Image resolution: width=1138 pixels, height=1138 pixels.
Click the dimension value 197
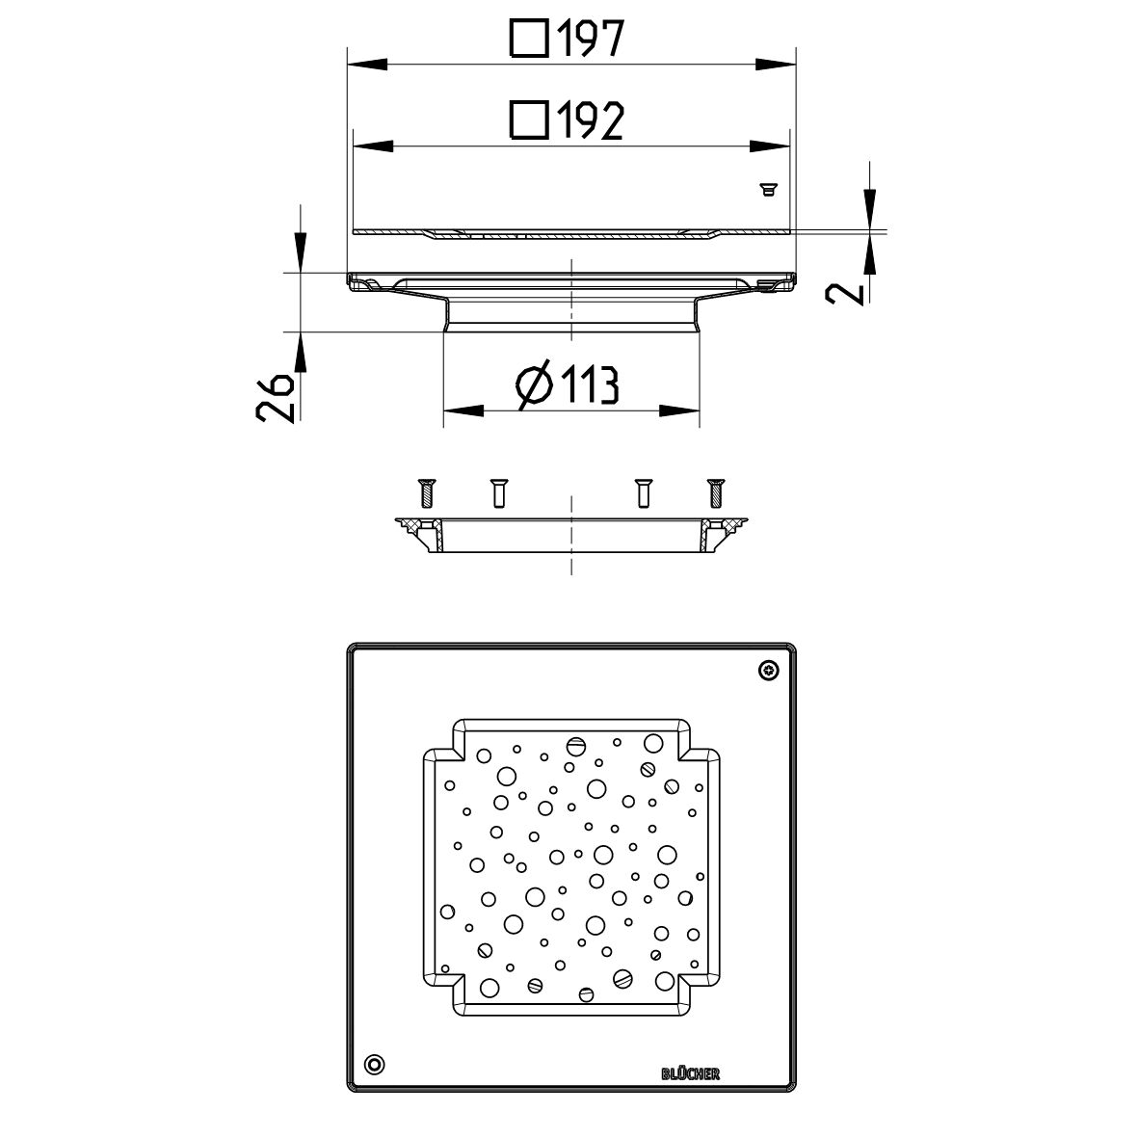[x=590, y=40]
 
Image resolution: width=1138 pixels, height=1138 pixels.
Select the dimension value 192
[x=590, y=120]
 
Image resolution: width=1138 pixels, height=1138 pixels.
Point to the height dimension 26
[x=276, y=398]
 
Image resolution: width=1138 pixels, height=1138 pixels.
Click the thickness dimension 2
[x=845, y=293]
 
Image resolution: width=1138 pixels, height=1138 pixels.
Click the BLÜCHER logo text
[x=690, y=1073]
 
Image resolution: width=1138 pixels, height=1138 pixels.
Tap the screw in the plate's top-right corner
[x=769, y=671]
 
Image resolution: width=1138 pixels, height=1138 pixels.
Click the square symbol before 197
[x=529, y=40]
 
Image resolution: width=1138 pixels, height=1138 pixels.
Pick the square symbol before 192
[x=529, y=120]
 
